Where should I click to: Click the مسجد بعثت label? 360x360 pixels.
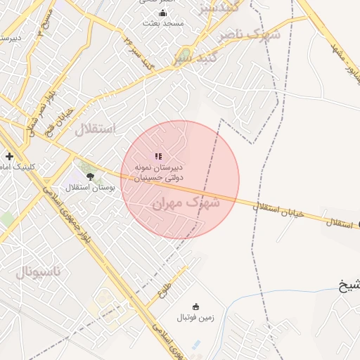[x=163, y=23]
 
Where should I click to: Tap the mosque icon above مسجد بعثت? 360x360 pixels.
[x=163, y=13]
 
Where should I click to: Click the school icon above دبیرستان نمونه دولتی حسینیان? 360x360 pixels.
[x=159, y=156]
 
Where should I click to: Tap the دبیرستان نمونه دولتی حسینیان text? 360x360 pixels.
[x=159, y=173]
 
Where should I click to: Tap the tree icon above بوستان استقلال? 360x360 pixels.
[x=90, y=176]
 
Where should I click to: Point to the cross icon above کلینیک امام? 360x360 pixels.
[x=9, y=156]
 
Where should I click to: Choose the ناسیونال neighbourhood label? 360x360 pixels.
[x=39, y=271]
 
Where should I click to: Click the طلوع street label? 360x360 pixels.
[x=165, y=286]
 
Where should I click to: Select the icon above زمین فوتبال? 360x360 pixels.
[x=195, y=307]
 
